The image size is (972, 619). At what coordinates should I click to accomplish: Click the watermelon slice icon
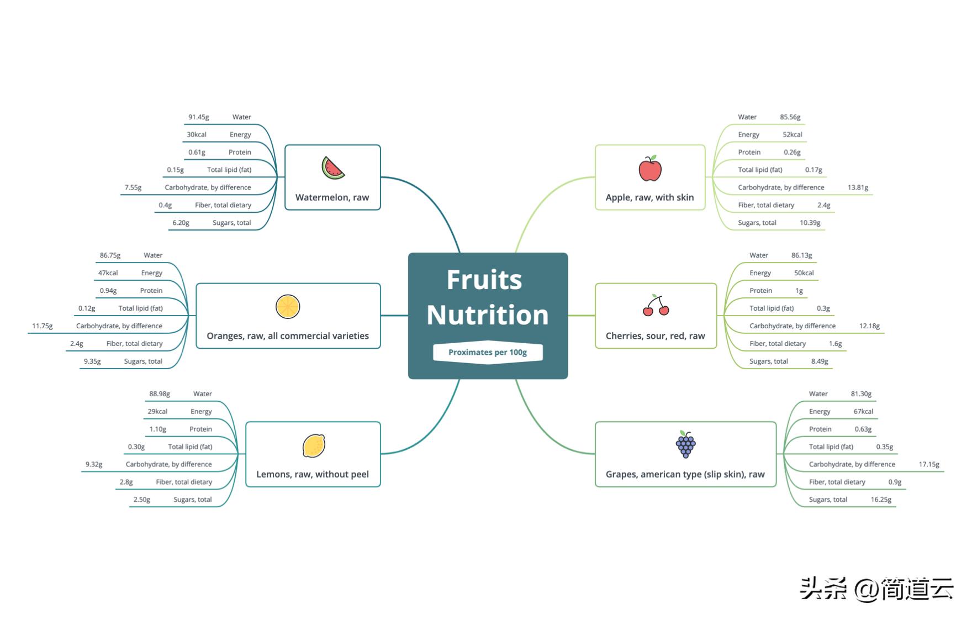click(333, 168)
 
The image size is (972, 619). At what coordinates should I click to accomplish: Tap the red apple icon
click(650, 168)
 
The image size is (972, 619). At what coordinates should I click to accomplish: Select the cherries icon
click(656, 306)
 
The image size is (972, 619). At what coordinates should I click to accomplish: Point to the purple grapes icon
click(685, 444)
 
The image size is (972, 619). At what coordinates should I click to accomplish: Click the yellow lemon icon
click(314, 445)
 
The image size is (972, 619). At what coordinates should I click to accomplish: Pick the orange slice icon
click(288, 307)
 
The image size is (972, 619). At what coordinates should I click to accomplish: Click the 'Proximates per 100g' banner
click(488, 352)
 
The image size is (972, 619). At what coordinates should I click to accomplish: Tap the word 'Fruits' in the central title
click(484, 280)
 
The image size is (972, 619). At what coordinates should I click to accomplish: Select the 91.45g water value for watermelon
click(199, 117)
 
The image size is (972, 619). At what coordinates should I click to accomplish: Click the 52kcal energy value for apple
click(792, 135)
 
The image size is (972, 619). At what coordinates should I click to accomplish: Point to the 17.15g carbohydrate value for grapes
click(929, 464)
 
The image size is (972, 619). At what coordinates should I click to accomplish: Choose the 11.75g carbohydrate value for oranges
click(43, 326)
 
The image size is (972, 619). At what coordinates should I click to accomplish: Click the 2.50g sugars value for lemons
click(142, 500)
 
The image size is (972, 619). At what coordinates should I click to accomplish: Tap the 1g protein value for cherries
click(799, 291)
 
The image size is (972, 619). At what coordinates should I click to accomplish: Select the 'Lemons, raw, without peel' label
click(313, 474)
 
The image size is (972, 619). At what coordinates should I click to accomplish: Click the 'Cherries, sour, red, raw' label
click(655, 336)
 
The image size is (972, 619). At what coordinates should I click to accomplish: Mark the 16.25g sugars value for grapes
click(881, 500)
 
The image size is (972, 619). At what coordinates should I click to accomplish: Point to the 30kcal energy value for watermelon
click(197, 135)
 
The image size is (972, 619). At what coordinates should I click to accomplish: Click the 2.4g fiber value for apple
click(823, 205)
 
